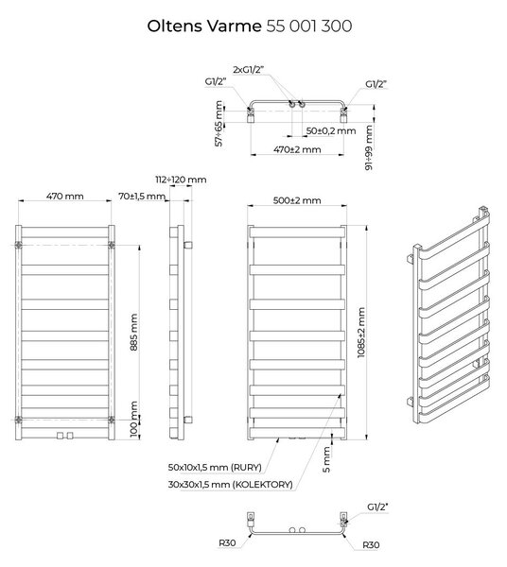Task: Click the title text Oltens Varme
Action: (204, 26)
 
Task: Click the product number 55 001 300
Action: (309, 26)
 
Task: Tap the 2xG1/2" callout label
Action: (248, 69)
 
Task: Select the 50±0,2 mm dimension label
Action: (331, 130)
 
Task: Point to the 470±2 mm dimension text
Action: (297, 149)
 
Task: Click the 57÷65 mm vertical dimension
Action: (219, 123)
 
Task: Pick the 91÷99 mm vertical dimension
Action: (369, 147)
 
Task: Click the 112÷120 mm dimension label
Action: (181, 180)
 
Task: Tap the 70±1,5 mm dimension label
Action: (142, 196)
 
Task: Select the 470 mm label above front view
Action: (64, 196)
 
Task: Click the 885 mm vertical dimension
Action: (134, 332)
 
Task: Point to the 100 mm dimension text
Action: (134, 419)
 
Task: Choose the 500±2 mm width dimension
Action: (297, 200)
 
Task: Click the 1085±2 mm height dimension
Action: (361, 333)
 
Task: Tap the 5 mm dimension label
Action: (326, 459)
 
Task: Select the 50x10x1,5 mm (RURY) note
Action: (215, 467)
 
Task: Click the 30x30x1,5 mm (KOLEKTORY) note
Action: (231, 485)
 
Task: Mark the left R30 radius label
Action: (227, 542)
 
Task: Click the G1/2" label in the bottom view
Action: (377, 507)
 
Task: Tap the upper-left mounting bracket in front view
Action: (19, 245)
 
